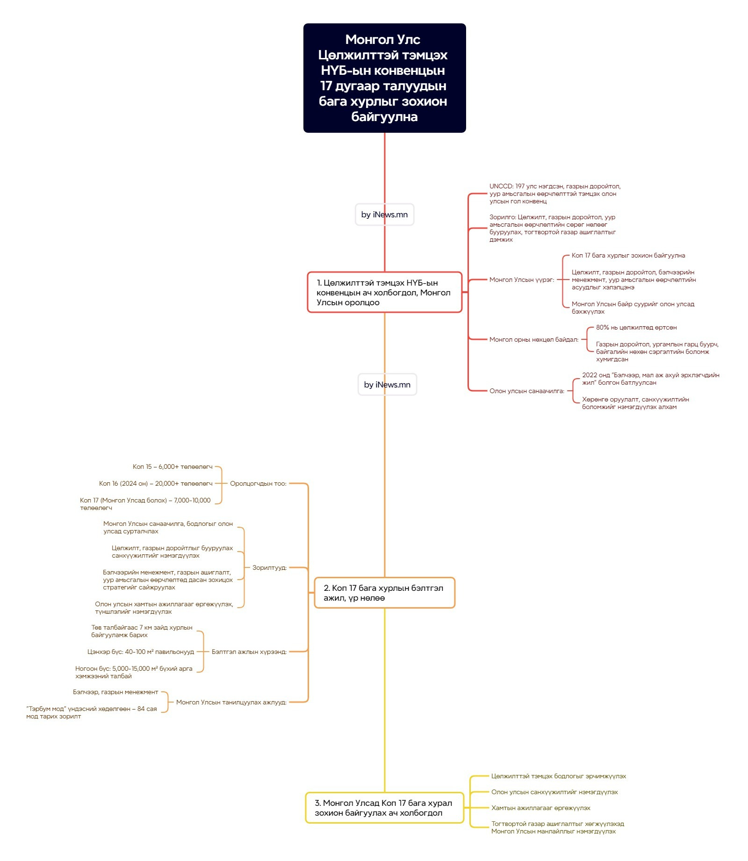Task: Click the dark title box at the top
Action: [x=384, y=78]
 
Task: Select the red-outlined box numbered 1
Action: [x=384, y=292]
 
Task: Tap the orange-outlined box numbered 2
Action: [x=384, y=593]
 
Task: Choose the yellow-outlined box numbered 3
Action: [x=384, y=808]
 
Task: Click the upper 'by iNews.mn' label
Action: [x=384, y=215]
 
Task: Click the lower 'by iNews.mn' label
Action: [x=387, y=385]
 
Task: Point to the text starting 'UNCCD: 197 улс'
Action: [x=555, y=194]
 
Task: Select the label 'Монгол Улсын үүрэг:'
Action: [x=522, y=280]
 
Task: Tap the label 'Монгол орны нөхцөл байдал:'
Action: [x=534, y=339]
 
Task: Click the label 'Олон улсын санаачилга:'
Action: [x=527, y=391]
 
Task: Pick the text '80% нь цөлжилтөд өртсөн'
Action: [x=636, y=327]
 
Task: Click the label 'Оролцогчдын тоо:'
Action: [x=258, y=483]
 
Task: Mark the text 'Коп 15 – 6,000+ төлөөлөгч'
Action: [x=173, y=466]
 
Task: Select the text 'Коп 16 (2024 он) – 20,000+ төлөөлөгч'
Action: [x=156, y=483]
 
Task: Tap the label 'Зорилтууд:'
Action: [x=269, y=567]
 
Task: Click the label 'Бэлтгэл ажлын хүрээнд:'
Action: [x=249, y=652]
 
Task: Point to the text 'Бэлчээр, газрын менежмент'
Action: [x=115, y=692]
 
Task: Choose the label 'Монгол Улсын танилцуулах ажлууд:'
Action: [x=231, y=702]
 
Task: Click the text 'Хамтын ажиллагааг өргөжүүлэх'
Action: [x=541, y=808]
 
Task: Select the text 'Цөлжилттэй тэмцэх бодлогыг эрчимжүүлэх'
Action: [x=559, y=776]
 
